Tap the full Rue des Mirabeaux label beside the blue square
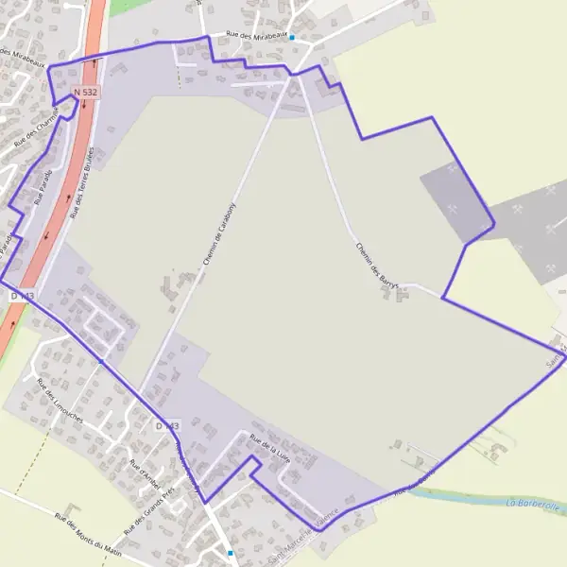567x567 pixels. click(255, 35)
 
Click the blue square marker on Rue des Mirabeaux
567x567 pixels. click(292, 38)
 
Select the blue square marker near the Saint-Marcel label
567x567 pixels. click(231, 553)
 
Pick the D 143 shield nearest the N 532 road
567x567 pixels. click(23, 296)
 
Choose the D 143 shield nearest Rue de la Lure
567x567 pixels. click(166, 426)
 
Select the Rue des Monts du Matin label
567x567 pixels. click(88, 534)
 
